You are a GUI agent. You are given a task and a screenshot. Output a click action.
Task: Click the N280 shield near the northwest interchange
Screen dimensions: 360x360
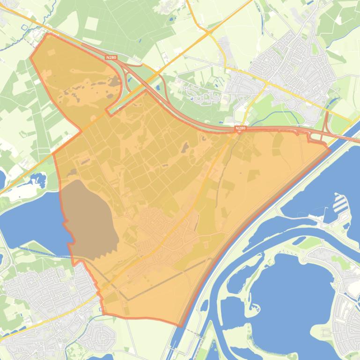pos(111,58)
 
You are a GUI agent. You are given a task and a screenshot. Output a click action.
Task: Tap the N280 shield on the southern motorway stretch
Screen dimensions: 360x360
pos(240,128)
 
